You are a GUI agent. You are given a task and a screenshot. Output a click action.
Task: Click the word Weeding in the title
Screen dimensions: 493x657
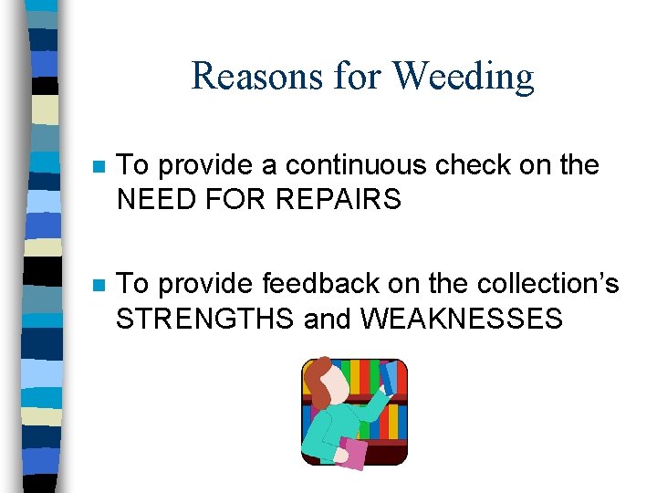pos(464,77)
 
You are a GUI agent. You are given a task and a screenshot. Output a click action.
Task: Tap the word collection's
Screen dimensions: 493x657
pos(547,284)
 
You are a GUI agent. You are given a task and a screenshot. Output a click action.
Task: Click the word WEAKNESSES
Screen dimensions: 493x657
pos(462,318)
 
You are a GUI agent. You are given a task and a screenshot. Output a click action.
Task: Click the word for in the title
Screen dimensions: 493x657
pos(357,77)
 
